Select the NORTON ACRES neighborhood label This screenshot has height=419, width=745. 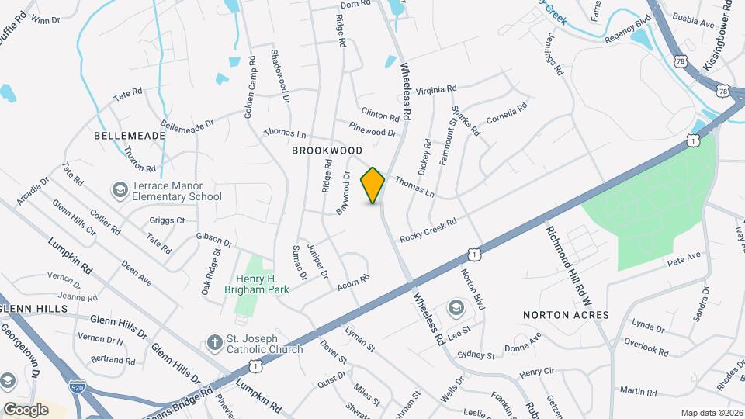[566, 315]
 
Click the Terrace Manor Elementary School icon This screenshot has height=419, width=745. [120, 189]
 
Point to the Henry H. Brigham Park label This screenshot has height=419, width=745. [256, 283]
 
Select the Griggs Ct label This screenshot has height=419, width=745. [169, 220]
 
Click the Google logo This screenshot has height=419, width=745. [26, 409]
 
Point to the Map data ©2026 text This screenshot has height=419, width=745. [710, 413]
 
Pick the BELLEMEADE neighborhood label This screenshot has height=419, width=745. [130, 135]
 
